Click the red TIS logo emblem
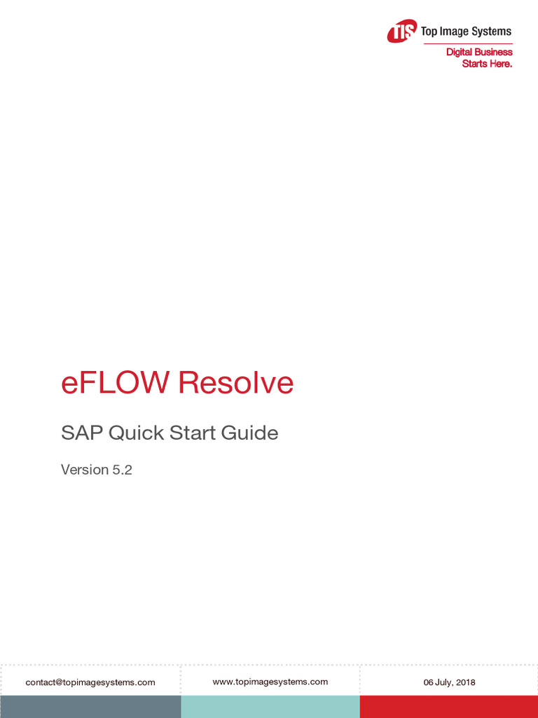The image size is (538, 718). click(402, 32)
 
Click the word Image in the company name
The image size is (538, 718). click(455, 32)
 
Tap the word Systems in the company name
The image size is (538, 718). click(492, 32)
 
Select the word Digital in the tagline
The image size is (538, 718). click(459, 52)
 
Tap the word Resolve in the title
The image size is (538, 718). click(235, 383)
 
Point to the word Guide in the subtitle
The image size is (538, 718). click(250, 433)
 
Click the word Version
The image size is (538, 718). click(85, 470)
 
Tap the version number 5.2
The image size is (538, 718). click(122, 470)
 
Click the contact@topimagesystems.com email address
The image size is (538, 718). click(90, 682)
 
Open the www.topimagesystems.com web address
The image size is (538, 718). click(270, 682)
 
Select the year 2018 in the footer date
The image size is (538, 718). click(465, 682)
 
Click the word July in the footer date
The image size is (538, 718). click(443, 682)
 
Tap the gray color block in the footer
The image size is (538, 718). click(90, 707)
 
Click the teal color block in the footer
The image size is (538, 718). click(270, 707)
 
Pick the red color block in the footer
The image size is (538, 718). click(449, 707)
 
